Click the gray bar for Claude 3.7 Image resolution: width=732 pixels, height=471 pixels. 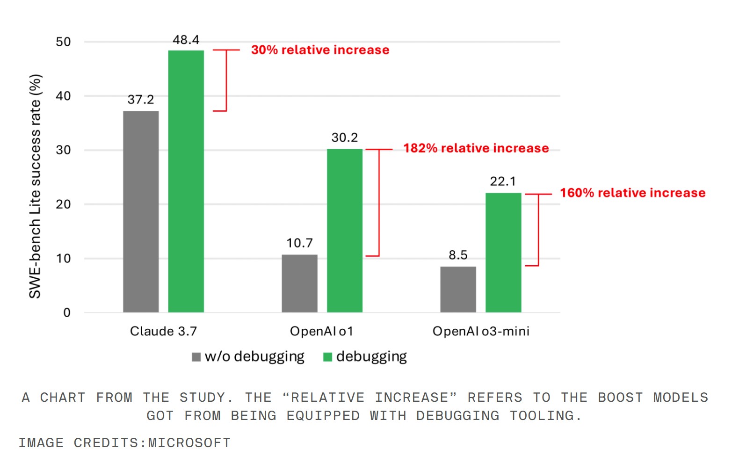141,211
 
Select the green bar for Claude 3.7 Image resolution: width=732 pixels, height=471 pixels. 186,181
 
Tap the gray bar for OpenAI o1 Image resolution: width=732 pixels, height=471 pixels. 299,283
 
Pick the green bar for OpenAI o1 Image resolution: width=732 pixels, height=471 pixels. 345,230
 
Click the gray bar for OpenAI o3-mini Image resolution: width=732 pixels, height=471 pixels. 458,289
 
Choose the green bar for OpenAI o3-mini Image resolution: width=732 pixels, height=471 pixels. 503,252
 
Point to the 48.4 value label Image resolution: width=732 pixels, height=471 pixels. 186,40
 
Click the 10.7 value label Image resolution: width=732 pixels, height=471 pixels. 299,243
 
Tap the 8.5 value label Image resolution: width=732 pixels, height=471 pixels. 458,255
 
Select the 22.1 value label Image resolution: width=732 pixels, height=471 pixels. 503,181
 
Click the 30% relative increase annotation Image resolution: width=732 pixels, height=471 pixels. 320,50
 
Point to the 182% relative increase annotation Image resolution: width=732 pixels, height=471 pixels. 476,148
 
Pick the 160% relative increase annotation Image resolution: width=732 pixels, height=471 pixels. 632,193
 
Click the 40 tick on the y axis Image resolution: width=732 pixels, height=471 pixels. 63,96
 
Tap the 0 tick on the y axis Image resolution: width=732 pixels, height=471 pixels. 67,313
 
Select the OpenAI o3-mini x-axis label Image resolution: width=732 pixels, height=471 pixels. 481,332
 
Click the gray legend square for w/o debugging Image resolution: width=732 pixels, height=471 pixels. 196,357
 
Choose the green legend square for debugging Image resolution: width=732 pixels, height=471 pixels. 327,357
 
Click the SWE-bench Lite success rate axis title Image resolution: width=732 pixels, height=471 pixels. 36,186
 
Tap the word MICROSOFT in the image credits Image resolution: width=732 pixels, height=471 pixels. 189,443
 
